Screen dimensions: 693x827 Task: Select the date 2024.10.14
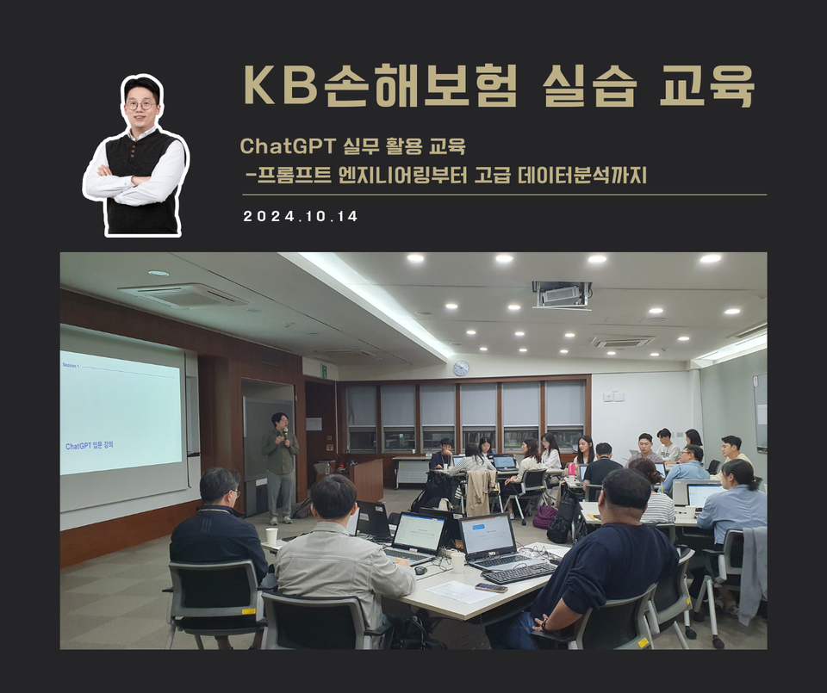coord(301,216)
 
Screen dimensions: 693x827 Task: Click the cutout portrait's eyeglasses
coord(140,105)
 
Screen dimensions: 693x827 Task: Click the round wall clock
coord(461,368)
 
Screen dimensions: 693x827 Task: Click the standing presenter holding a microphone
coord(280,465)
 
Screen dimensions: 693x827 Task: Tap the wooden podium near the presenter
coord(367,479)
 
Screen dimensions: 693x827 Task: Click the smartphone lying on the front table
coord(491,587)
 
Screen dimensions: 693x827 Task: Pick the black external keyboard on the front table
coord(519,572)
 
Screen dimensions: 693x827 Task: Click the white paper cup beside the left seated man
coord(271,536)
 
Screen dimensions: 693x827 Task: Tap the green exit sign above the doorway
coord(323,370)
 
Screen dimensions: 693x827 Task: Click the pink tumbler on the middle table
coord(571,469)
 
